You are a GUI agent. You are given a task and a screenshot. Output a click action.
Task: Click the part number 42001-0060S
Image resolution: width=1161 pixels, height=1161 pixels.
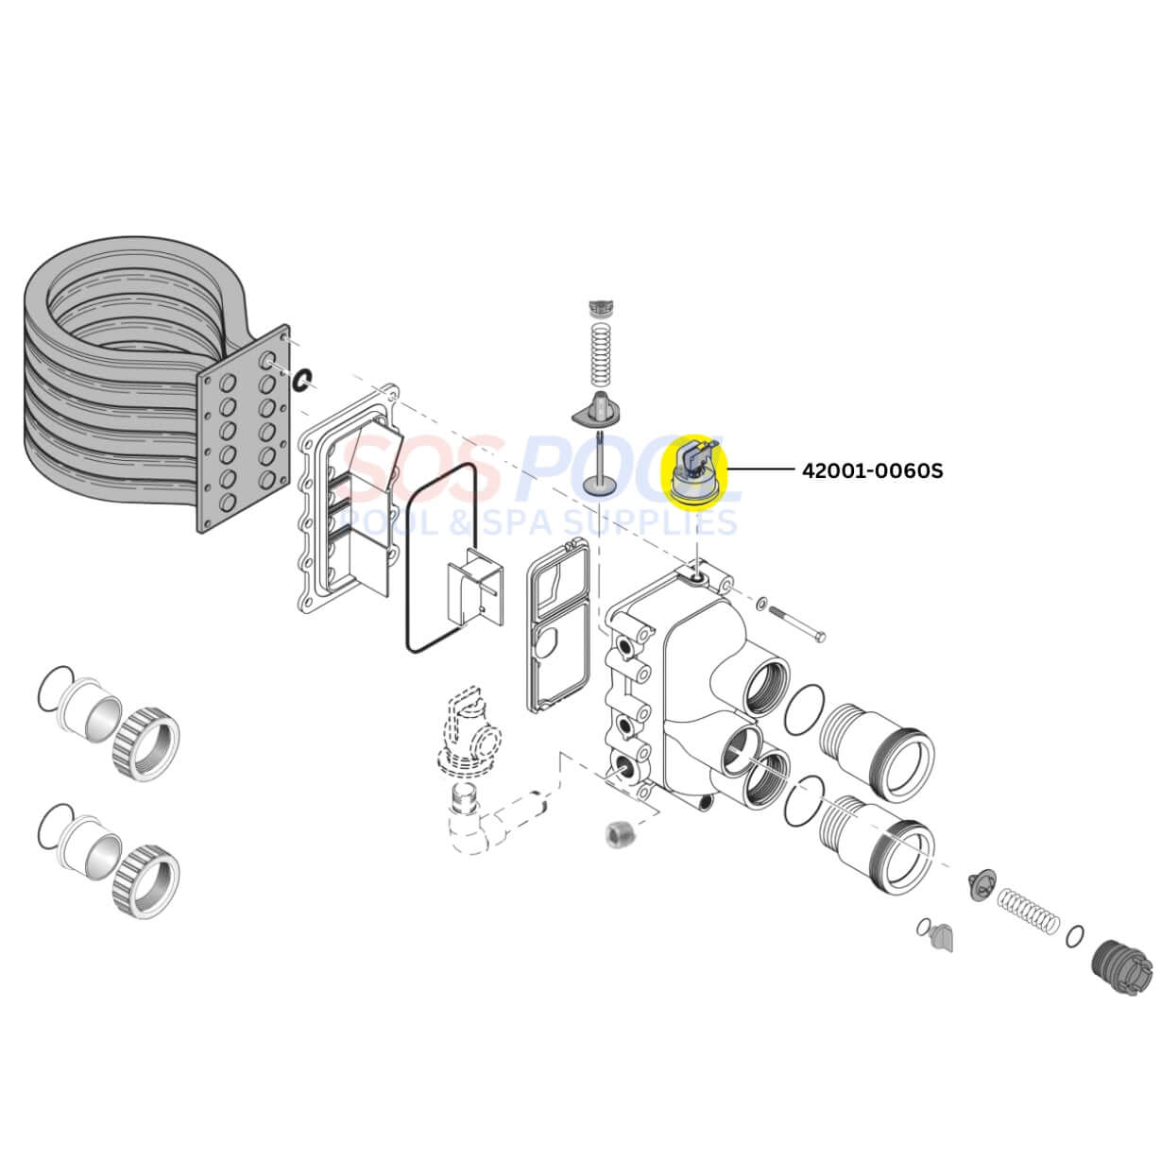coord(871,470)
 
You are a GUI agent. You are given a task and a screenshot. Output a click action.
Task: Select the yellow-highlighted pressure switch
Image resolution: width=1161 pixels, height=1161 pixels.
coord(700,473)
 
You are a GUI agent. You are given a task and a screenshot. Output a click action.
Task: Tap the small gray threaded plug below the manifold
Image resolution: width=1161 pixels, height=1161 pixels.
coord(618,834)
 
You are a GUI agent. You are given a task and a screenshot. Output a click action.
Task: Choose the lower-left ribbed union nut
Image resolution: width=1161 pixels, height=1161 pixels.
coord(146,880)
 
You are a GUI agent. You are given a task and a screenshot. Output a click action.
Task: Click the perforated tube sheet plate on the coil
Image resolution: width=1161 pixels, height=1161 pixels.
coord(243,428)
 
